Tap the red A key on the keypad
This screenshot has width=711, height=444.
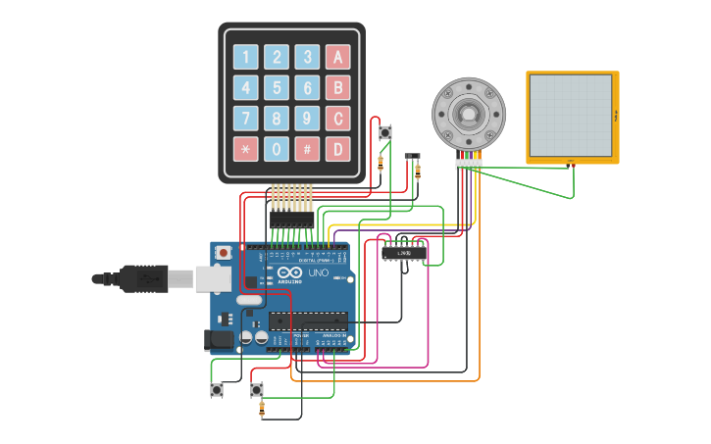(337, 57)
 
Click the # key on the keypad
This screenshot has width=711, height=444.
(307, 149)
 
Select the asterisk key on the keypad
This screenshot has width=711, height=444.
(246, 149)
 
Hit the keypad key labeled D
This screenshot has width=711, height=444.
(337, 149)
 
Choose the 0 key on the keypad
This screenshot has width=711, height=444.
(277, 149)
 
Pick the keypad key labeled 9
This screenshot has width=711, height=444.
(307, 119)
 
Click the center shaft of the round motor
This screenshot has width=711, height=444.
(469, 114)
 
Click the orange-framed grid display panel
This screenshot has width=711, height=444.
(572, 116)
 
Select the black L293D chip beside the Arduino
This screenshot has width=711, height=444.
(404, 253)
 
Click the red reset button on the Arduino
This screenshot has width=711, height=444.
(224, 253)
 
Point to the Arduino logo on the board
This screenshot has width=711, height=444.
(290, 273)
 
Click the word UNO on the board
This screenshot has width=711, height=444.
(319, 272)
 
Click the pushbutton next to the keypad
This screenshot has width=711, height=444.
(385, 132)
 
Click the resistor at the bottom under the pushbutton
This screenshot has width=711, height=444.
(261, 409)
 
